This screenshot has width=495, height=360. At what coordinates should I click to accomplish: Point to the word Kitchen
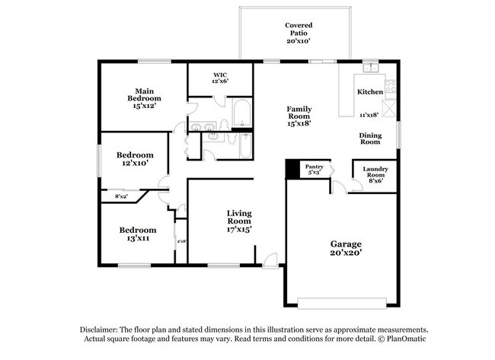point(370,92)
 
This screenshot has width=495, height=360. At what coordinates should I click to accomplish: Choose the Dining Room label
point(370,139)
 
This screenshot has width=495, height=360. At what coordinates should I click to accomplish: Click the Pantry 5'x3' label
point(315,170)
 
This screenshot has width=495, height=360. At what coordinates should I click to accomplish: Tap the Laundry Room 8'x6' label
point(375,174)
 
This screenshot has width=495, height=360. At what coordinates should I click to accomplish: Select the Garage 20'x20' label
point(346,249)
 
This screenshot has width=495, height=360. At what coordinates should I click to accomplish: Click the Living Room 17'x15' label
point(239,221)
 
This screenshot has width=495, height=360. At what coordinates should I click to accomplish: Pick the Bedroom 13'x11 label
point(138,234)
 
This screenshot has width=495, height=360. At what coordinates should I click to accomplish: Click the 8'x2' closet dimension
point(121,196)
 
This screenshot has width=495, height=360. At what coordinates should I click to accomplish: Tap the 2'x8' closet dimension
point(181,241)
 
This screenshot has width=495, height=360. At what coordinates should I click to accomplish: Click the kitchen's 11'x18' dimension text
point(370,116)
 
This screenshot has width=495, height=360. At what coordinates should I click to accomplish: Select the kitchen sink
point(371,69)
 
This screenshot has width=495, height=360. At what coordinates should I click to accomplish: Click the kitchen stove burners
point(390,85)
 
